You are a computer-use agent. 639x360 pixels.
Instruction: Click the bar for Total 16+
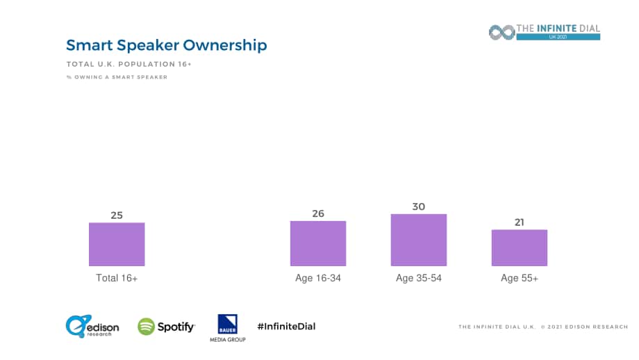117,244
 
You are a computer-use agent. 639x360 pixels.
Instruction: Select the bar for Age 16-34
318,243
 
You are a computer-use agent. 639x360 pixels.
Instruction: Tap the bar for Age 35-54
419,240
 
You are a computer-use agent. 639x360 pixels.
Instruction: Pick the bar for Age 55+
520,248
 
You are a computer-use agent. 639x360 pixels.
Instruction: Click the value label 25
117,215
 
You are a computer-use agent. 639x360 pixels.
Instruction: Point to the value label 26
318,213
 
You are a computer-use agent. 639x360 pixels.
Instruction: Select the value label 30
419,206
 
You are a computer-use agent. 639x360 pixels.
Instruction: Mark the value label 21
520,222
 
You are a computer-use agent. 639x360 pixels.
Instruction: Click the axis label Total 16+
117,278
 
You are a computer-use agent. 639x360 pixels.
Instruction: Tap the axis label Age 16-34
318,278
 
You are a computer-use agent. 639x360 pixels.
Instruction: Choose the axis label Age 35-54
419,278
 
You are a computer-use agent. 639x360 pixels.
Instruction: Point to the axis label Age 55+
520,278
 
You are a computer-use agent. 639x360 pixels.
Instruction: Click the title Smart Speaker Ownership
167,45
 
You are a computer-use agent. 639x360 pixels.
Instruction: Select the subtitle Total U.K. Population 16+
128,64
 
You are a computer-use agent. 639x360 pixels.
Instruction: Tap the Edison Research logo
92,326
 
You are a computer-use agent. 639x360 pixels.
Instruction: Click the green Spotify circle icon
147,327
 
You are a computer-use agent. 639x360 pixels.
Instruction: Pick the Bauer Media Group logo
227,328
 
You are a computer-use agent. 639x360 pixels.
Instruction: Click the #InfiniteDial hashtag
286,326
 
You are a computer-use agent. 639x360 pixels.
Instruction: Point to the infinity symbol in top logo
502,32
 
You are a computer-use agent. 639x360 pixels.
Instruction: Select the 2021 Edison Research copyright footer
543,327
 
